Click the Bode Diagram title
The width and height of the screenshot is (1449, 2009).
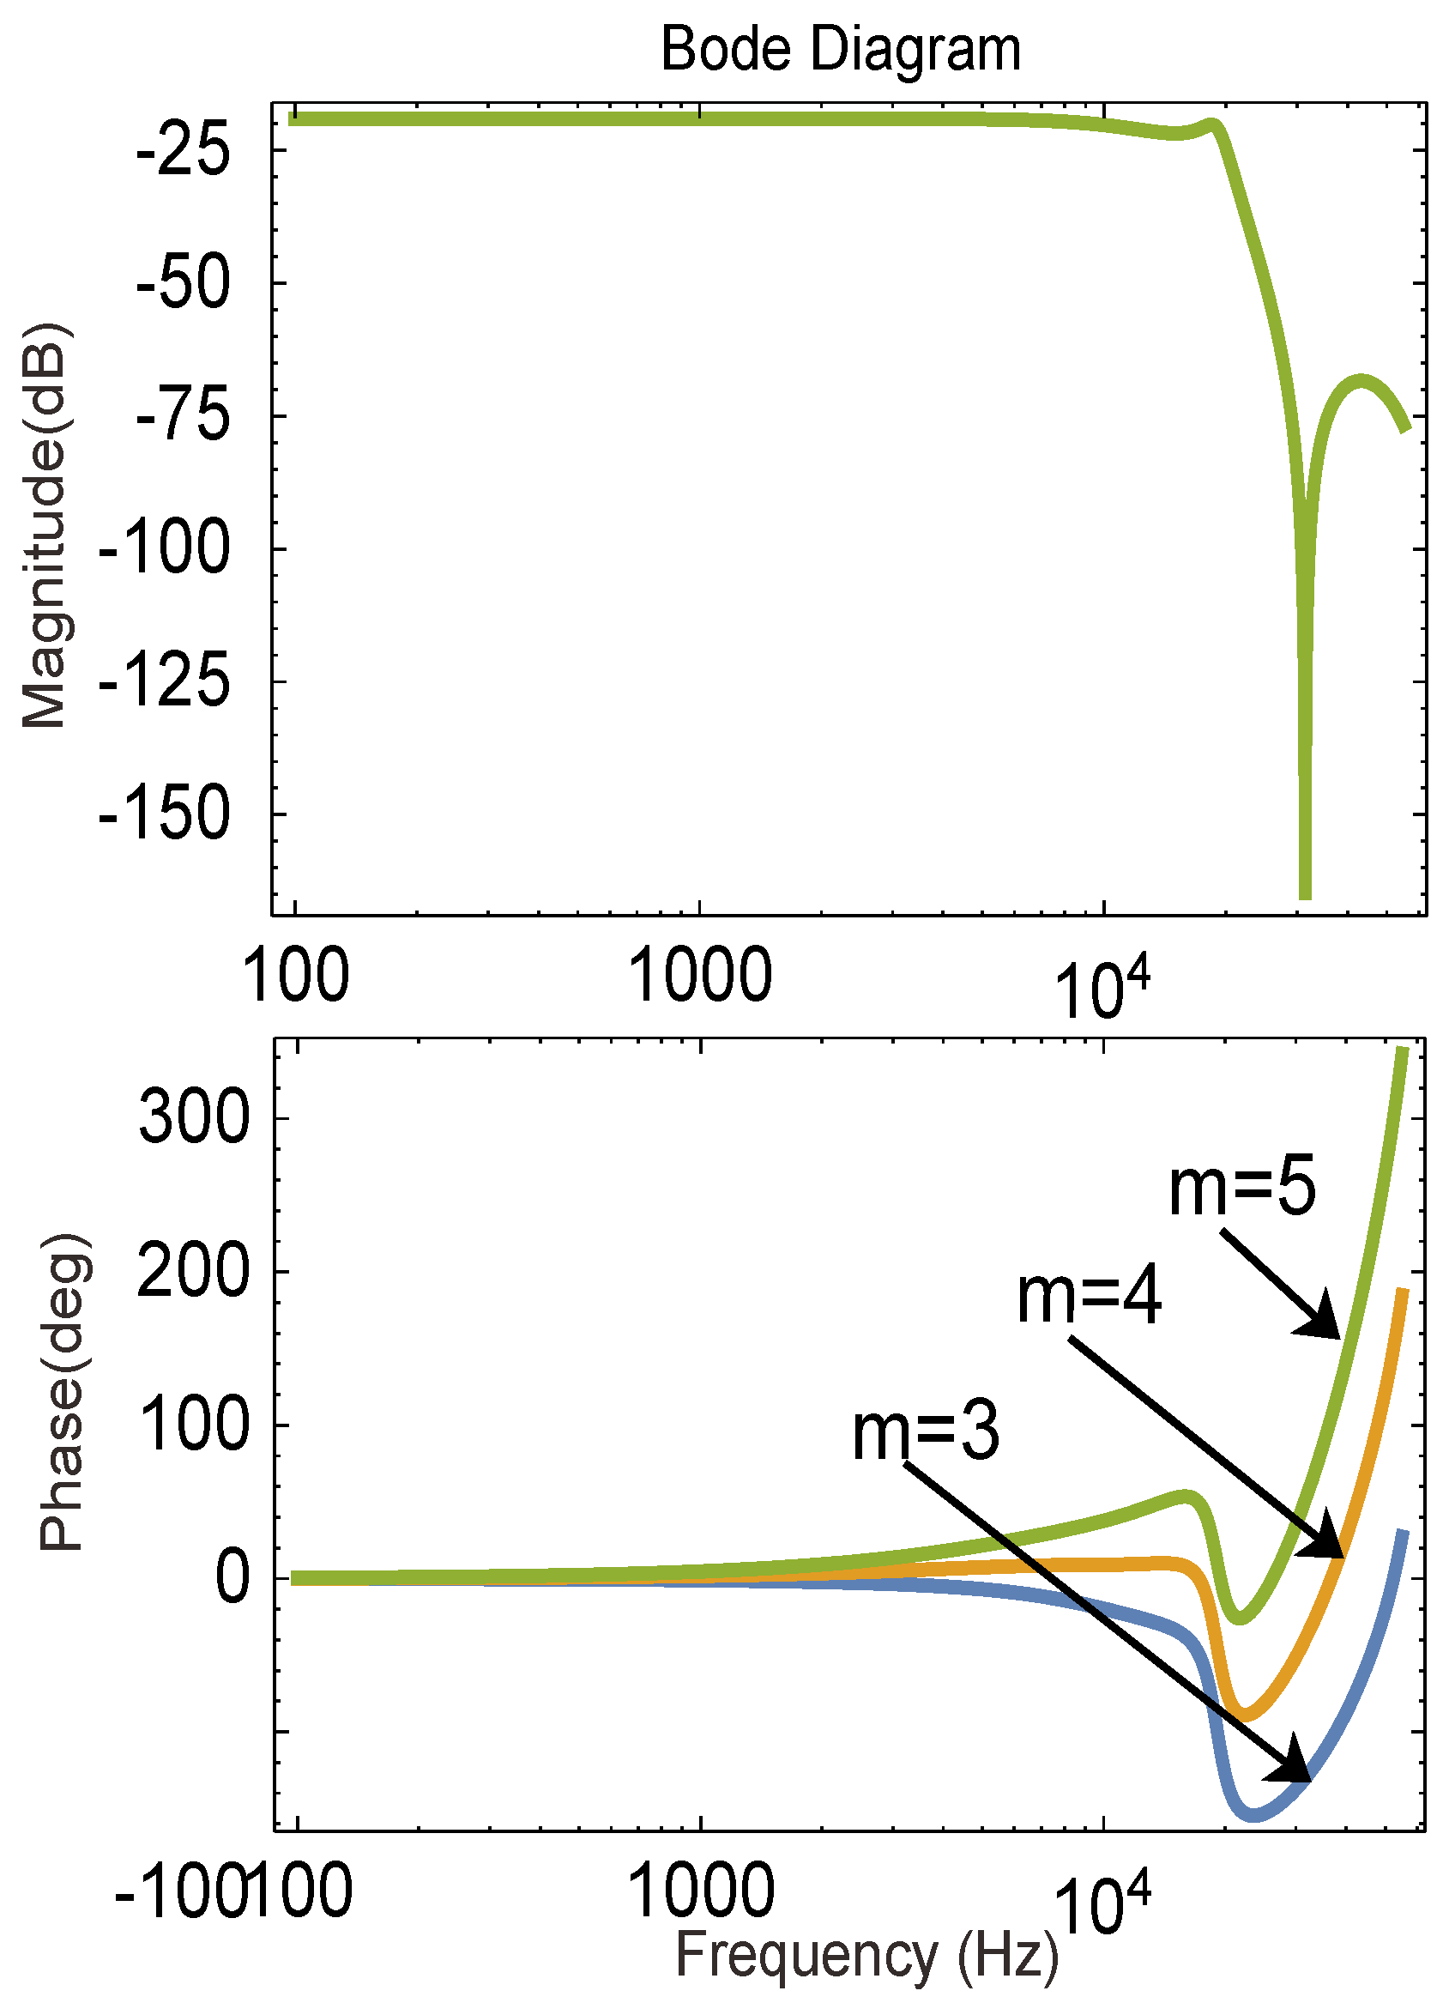[841, 50]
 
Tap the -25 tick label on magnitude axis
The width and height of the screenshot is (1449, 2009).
[183, 149]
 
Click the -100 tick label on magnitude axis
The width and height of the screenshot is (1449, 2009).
[164, 548]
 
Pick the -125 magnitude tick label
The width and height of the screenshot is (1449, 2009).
[164, 681]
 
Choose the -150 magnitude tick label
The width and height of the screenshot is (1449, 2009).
[164, 814]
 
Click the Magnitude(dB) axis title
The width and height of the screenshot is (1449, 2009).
[45, 528]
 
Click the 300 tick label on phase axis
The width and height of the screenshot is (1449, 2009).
[194, 1118]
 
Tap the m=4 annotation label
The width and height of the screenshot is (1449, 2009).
[1089, 1297]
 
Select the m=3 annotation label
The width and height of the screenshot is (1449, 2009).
[926, 1432]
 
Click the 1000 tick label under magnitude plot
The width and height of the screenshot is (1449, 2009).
[700, 975]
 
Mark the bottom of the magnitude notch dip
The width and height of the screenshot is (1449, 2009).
[1304, 895]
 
